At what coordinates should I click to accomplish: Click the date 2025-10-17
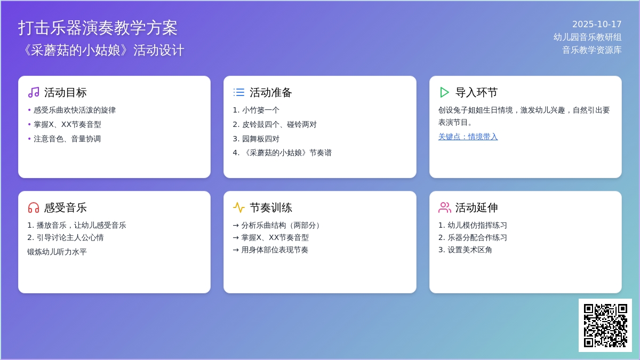[x=597, y=25]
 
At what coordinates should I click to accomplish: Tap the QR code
[x=605, y=325]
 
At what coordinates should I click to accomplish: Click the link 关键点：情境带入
[x=468, y=137]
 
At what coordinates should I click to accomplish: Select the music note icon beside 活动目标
[x=34, y=92]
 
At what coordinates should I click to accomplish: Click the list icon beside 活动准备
[x=239, y=92]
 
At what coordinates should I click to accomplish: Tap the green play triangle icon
[x=444, y=92]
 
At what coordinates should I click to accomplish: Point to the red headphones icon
[x=34, y=207]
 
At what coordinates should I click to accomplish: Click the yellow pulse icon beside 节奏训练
[x=239, y=207]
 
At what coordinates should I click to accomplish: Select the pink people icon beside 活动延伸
[x=445, y=207]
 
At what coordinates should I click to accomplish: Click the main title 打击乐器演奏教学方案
[x=98, y=28]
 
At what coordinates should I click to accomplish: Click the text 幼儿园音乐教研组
[x=587, y=37]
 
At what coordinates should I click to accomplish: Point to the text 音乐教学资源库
[x=591, y=50]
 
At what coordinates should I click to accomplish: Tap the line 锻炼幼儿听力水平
[x=57, y=252]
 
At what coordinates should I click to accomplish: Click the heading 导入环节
[x=476, y=93]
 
